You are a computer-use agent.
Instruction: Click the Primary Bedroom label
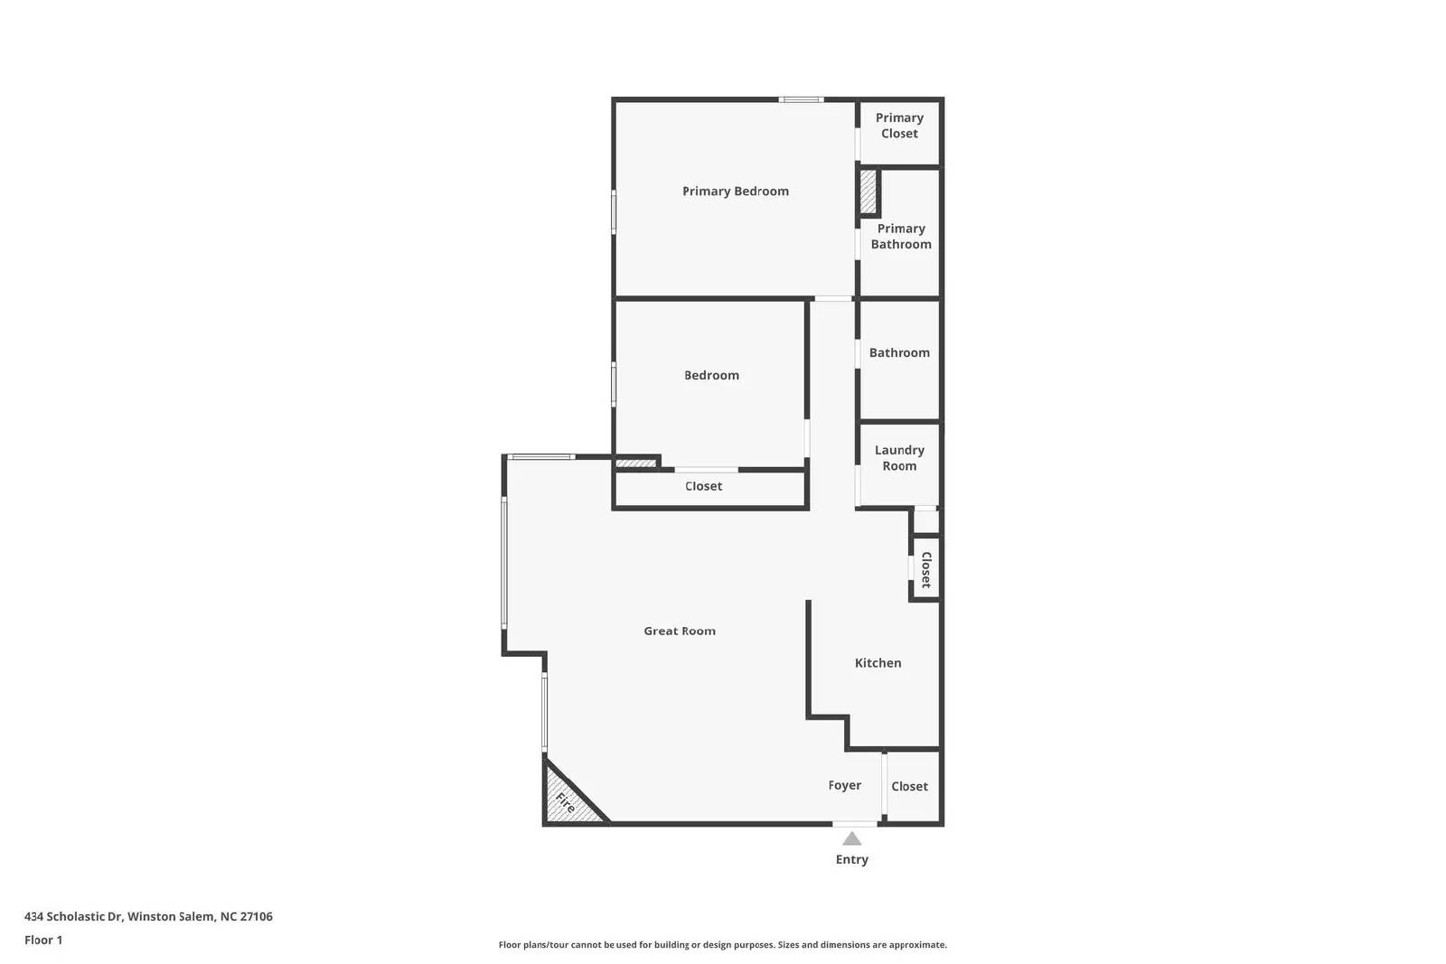[735, 191]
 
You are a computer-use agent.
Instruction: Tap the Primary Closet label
[899, 126]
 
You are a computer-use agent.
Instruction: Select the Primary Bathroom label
[901, 237]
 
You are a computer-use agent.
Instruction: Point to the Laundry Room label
[899, 458]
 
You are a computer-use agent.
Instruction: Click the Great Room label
[680, 632]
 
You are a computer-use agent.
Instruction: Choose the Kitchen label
[878, 663]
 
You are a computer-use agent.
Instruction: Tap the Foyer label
[845, 785]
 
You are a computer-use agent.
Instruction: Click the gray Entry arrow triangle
[851, 839]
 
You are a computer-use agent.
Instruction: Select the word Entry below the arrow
[851, 859]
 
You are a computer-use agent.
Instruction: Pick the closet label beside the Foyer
[909, 786]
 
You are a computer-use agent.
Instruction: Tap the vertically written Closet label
[925, 570]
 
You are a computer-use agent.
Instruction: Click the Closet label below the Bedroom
[703, 486]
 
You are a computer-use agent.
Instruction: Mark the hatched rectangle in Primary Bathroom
[869, 192]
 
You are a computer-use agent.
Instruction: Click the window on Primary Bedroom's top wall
[802, 99]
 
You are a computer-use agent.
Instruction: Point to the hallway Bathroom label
[899, 352]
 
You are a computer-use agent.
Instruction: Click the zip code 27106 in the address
[256, 916]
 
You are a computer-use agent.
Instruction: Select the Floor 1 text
[43, 940]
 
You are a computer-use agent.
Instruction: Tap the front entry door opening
[854, 823]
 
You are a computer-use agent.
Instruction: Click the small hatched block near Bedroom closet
[635, 463]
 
